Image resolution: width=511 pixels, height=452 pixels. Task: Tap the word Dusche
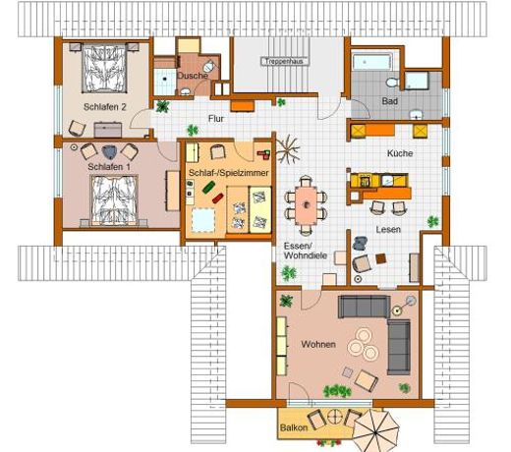point(193,76)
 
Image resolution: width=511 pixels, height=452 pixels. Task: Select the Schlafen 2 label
point(105,107)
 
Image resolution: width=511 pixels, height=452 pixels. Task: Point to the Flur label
point(216,119)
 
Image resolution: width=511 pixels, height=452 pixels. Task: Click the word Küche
point(400,153)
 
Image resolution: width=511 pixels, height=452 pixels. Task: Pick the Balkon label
point(294,427)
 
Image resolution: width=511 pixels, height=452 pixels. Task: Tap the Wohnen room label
point(318,344)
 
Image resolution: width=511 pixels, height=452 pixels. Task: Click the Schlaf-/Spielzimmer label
point(229,173)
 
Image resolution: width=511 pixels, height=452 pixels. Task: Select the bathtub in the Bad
point(372,62)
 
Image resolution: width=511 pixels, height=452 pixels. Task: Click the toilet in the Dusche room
point(208,67)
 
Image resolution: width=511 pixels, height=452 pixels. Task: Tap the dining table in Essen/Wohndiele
point(306,205)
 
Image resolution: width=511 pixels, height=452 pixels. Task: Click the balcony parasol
point(376,430)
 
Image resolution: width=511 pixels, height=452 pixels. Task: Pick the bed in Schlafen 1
point(115,200)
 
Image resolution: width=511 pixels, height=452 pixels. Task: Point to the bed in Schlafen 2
point(104,69)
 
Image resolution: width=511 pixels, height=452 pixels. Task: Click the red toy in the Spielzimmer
point(218,198)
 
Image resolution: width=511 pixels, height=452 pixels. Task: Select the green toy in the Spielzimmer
point(208,188)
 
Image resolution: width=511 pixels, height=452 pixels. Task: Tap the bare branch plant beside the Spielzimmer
point(288,149)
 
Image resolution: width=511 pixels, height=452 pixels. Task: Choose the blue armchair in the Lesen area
point(361,243)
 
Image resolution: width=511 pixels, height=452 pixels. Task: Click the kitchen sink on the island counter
point(388,180)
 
